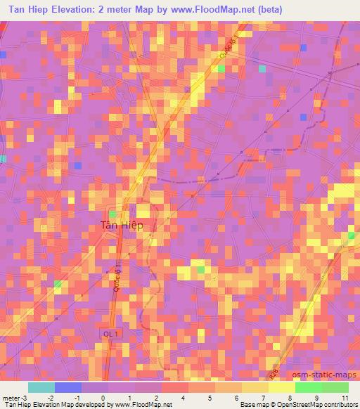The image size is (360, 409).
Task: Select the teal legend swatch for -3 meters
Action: (41, 387)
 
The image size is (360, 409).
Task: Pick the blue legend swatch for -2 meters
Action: (68, 387)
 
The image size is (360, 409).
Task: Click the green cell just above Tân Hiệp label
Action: (112, 213)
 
